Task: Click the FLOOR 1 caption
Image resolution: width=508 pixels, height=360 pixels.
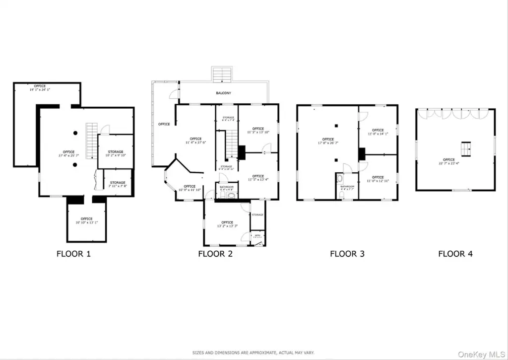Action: [73, 254]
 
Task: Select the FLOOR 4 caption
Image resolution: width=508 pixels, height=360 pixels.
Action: [455, 254]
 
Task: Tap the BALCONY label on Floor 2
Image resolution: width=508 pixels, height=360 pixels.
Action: [223, 93]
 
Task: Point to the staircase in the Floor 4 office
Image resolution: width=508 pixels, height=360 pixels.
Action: [465, 148]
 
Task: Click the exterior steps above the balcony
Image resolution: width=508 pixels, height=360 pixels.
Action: [222, 74]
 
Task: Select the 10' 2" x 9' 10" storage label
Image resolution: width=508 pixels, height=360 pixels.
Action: [116, 153]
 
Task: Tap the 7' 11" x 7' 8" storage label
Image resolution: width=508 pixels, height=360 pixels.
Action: [118, 184]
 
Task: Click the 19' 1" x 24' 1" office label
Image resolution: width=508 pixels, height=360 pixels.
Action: [43, 88]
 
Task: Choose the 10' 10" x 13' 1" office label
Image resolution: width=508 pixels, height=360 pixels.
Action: [86, 220]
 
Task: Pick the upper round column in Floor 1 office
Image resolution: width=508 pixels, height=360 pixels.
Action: [75, 133]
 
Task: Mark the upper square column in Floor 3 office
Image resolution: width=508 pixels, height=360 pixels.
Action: [336, 126]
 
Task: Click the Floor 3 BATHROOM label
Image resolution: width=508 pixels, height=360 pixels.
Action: [347, 188]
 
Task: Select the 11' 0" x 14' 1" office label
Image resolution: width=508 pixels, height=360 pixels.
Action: [378, 132]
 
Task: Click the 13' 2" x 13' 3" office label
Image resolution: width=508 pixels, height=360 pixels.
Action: [227, 224]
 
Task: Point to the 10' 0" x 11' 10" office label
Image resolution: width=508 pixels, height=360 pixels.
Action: [190, 188]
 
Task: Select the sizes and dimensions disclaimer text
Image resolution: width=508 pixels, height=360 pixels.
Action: [254, 353]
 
